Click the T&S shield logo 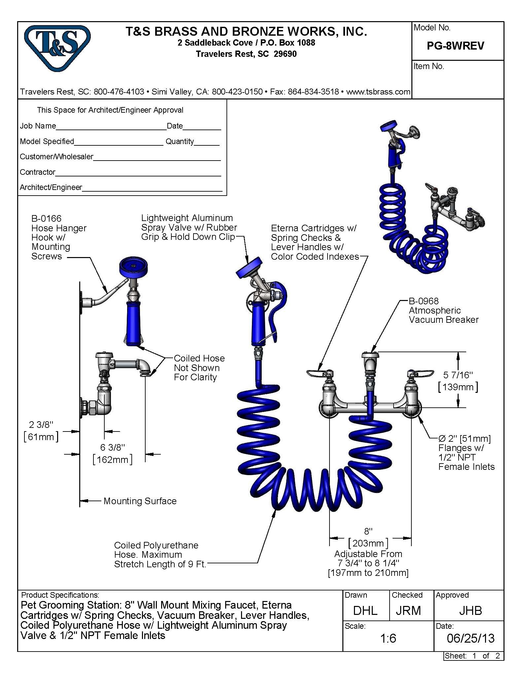click(x=57, y=48)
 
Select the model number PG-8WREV click(x=455, y=46)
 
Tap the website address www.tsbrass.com click(x=378, y=92)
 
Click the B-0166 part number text click(x=46, y=218)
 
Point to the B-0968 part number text click(x=424, y=301)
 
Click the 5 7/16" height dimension click(x=458, y=375)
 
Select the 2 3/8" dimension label click(x=41, y=425)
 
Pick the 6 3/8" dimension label click(x=113, y=447)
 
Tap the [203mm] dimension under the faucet click(x=368, y=543)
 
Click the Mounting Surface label click(x=140, y=501)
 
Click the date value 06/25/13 click(x=470, y=638)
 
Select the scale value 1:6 click(x=388, y=638)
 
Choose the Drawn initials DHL click(x=365, y=611)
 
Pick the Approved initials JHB click(x=470, y=611)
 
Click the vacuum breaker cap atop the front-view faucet click(x=370, y=355)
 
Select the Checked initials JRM click(x=408, y=611)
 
